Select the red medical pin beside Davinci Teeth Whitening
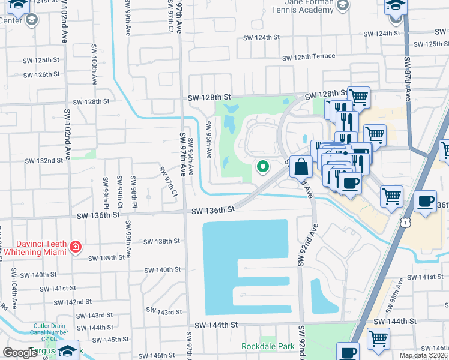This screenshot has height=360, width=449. tap(76, 247)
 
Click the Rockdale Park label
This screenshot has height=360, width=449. tap(268, 346)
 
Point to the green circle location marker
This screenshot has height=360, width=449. tap(262, 167)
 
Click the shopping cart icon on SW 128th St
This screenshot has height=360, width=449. tap(358, 96)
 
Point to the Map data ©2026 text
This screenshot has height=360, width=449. tap(424, 356)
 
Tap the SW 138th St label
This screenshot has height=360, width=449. tap(162, 241)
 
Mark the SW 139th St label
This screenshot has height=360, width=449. tap(106, 258)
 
